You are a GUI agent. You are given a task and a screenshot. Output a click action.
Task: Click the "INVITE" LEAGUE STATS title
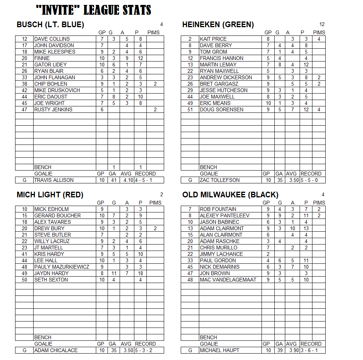94,10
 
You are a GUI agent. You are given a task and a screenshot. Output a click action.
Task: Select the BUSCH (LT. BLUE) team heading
50,25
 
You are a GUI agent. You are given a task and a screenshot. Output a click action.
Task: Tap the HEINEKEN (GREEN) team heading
218,25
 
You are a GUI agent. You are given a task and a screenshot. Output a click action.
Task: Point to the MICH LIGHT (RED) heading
50,195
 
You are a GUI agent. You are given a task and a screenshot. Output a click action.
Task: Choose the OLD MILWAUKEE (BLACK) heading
230,195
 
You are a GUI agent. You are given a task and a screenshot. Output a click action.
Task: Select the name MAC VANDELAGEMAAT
228,280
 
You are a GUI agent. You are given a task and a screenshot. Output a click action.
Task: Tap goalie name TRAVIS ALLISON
54,180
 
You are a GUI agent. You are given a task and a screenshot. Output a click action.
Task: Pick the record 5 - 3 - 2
145,350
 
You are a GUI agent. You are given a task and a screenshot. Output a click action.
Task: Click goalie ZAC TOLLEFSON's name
220,180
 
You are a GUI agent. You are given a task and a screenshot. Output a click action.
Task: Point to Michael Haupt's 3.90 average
291,350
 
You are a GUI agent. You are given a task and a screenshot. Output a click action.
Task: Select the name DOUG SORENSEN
221,109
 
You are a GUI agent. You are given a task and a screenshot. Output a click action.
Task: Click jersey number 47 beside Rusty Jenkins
25,109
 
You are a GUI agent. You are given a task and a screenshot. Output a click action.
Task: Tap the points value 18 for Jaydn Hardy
140,273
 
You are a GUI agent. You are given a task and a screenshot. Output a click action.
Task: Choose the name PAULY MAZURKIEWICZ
62,267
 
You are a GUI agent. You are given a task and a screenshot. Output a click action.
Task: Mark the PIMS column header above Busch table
153,32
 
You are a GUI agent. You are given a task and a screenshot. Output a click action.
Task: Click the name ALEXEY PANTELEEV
225,215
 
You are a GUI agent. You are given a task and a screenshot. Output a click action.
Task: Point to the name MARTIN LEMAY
218,65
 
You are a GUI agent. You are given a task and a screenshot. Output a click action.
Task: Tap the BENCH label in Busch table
43,167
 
